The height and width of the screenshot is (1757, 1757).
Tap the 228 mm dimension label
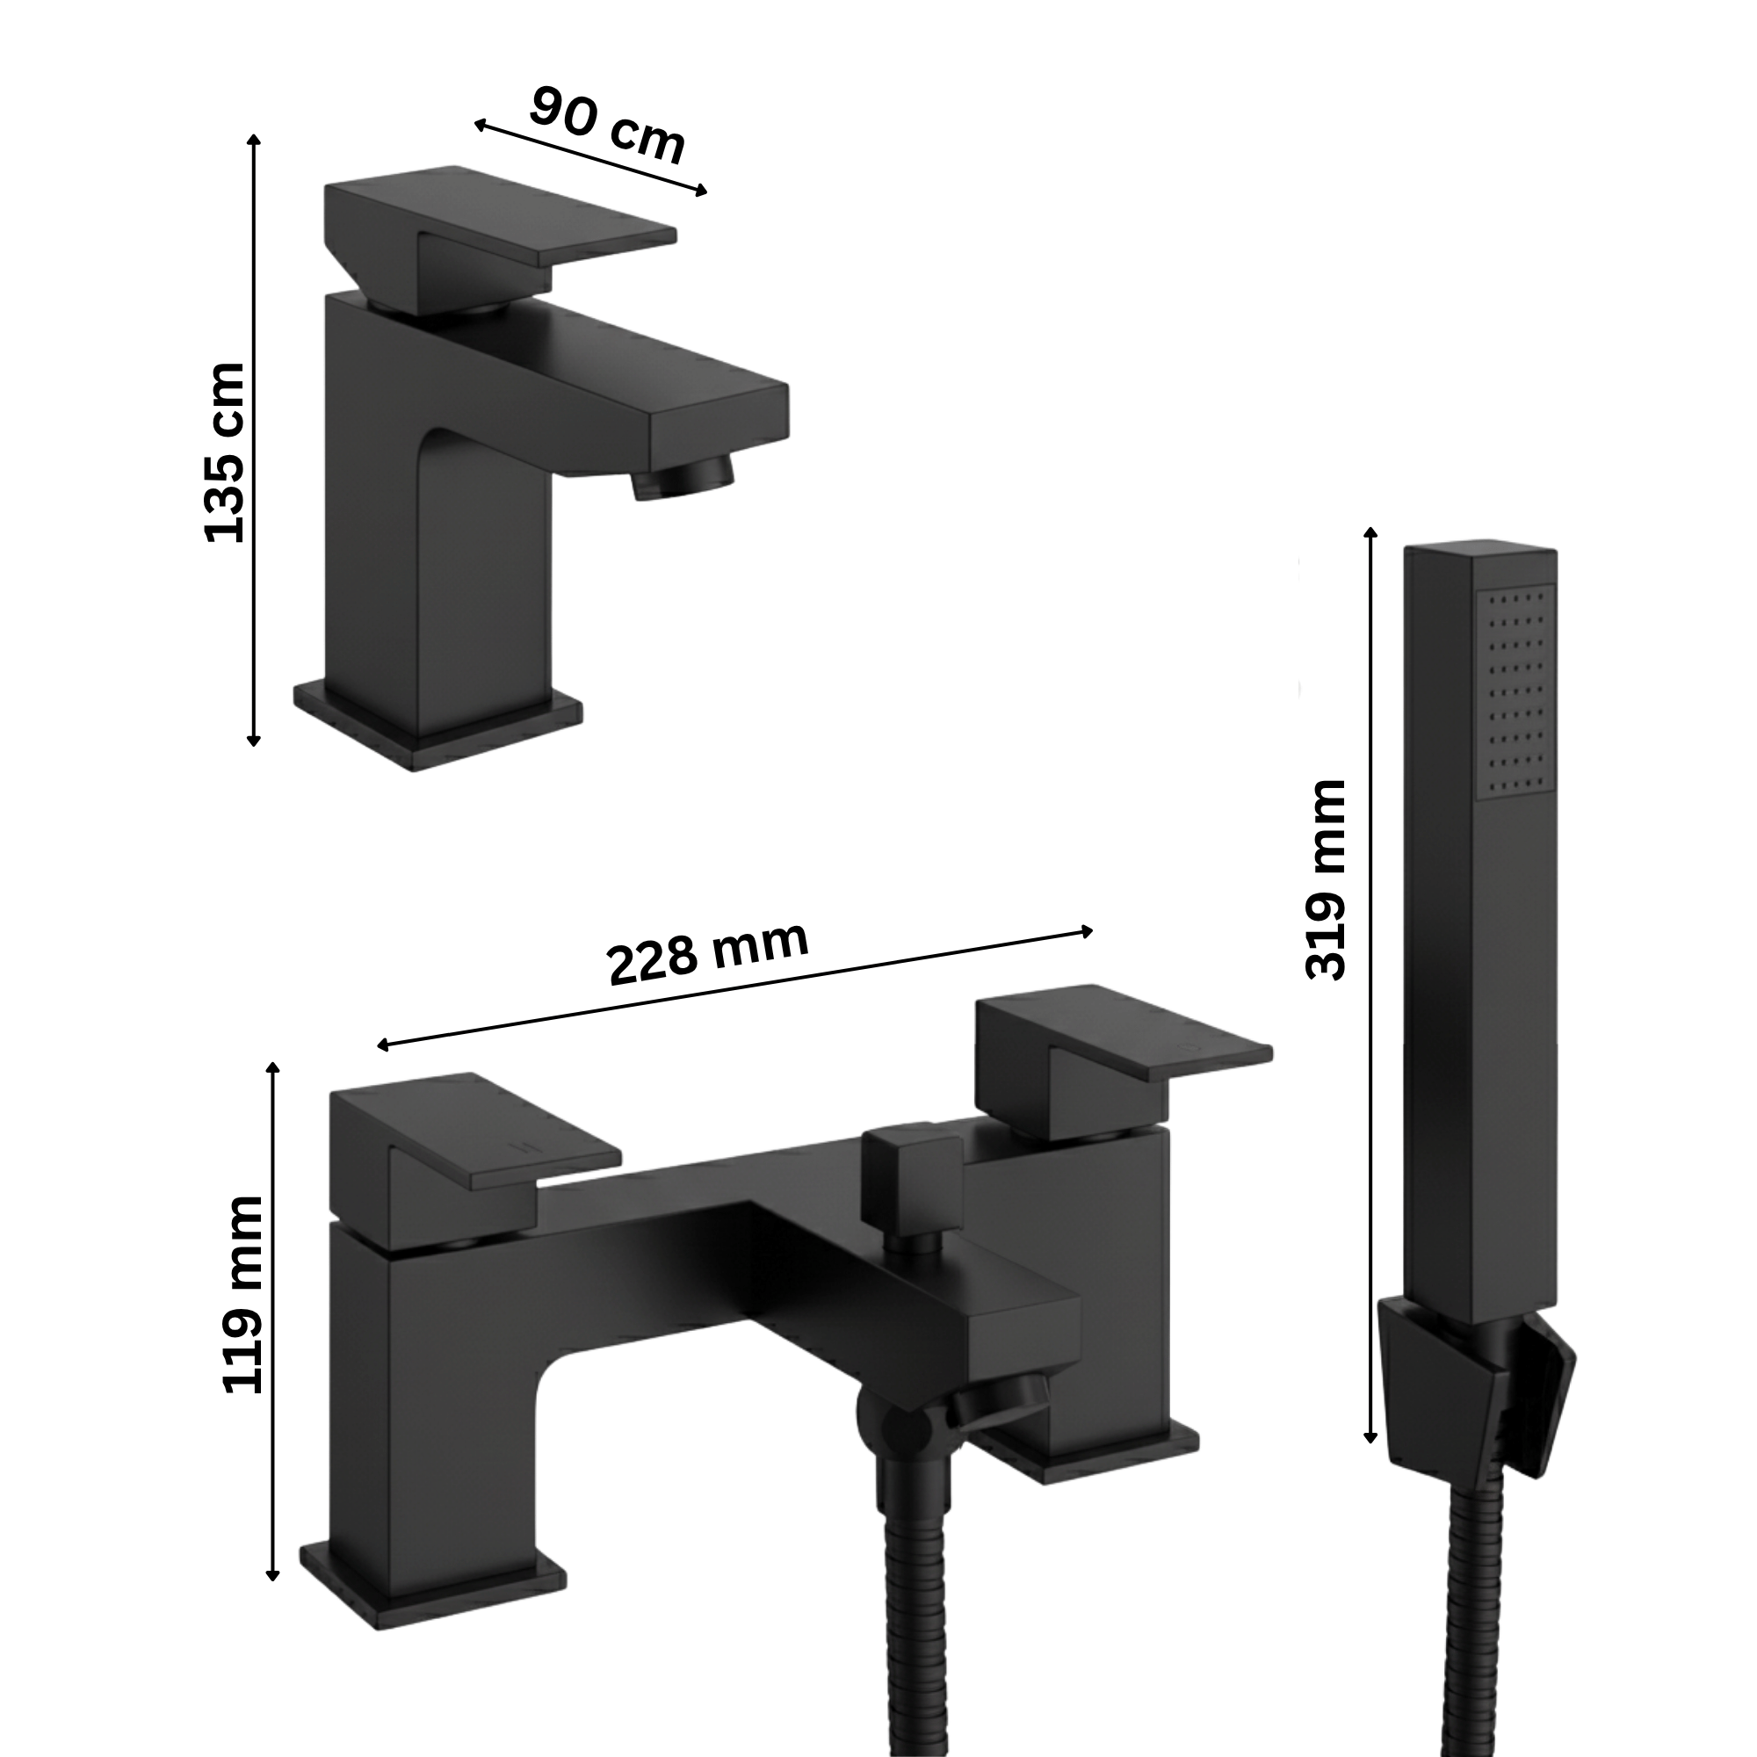708,952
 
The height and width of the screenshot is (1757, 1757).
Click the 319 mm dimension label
1324,879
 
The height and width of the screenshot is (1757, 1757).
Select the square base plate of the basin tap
437,726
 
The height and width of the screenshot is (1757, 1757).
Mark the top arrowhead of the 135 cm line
254,138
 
